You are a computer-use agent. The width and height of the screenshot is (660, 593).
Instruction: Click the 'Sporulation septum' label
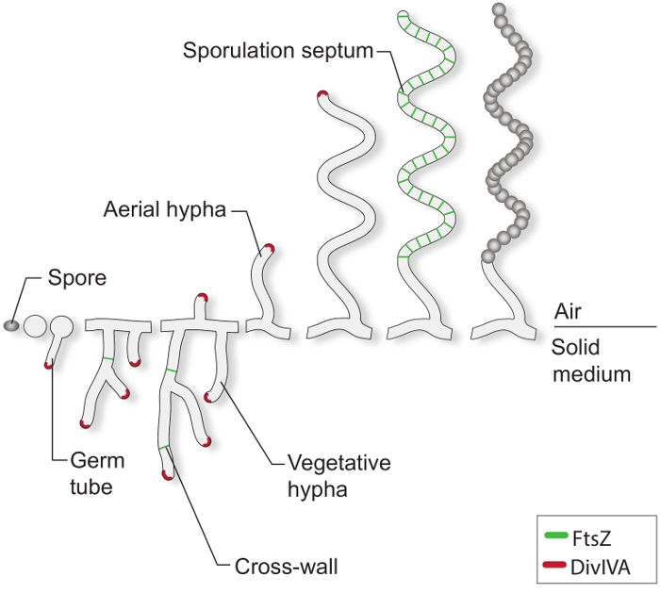pyautogui.click(x=278, y=51)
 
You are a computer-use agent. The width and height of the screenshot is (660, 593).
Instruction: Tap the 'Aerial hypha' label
pyautogui.click(x=165, y=209)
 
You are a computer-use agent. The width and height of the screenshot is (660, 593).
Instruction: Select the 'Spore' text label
pyautogui.click(x=77, y=278)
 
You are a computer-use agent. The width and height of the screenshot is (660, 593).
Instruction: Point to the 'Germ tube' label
pyautogui.click(x=97, y=473)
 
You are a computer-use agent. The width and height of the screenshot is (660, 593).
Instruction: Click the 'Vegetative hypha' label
pyautogui.click(x=339, y=475)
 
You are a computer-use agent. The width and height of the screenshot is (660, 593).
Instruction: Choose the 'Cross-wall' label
pyautogui.click(x=287, y=567)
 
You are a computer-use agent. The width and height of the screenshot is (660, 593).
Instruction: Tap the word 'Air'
pyautogui.click(x=568, y=312)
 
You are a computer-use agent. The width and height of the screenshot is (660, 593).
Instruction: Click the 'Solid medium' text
pyautogui.click(x=591, y=361)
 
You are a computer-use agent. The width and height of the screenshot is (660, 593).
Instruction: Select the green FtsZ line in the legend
pyautogui.click(x=555, y=535)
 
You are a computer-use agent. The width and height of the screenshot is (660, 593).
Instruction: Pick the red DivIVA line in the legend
pyautogui.click(x=554, y=565)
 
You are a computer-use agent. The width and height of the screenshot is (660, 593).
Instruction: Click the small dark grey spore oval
pyautogui.click(x=11, y=325)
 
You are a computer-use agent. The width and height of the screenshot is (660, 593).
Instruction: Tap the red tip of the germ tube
pyautogui.click(x=49, y=365)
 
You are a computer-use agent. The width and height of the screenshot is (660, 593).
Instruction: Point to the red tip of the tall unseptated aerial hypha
pyautogui.click(x=322, y=94)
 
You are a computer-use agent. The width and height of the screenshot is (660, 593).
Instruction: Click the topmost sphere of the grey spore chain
pyautogui.click(x=499, y=8)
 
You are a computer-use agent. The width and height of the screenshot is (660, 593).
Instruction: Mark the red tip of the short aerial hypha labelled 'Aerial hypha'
pyautogui.click(x=269, y=247)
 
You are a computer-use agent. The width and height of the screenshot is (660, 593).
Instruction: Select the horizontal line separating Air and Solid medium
pyautogui.click(x=605, y=326)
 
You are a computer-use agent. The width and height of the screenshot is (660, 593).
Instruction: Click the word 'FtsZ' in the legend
pyautogui.click(x=591, y=538)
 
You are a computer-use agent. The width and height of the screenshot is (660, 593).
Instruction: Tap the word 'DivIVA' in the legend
pyautogui.click(x=601, y=568)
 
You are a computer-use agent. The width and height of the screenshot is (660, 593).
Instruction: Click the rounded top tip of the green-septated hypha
pyautogui.click(x=403, y=13)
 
